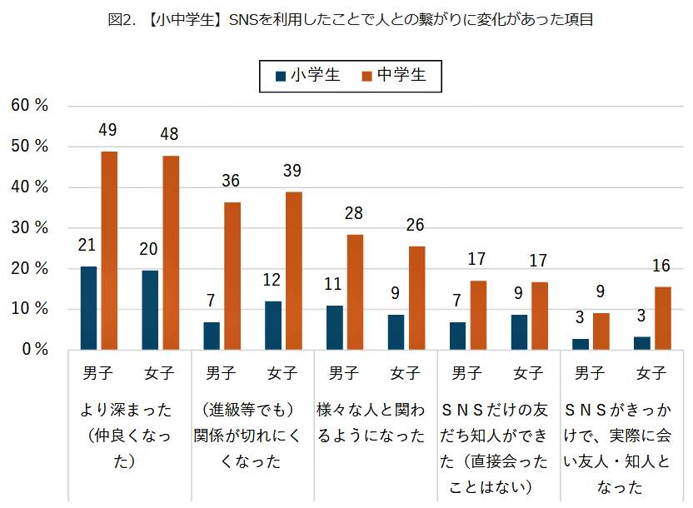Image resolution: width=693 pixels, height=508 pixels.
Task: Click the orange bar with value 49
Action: coord(109,250)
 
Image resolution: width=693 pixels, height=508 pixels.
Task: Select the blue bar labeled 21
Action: coord(88,308)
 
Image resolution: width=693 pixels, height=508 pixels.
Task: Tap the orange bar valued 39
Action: coord(293,271)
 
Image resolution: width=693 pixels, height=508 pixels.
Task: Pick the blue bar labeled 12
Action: coord(272,325)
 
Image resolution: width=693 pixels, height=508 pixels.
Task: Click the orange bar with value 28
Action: coord(355,291)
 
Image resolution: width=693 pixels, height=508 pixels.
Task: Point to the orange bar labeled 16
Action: coord(662,317)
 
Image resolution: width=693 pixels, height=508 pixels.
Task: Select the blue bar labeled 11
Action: coord(334,327)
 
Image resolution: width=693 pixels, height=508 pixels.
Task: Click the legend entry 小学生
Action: coord(308,76)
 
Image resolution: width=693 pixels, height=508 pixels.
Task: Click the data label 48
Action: coord(170,134)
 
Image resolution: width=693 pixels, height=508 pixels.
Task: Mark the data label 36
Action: coord(232,181)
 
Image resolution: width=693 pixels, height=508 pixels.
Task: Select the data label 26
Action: coord(416,225)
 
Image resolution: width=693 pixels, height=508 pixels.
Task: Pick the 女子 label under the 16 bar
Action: coord(652,373)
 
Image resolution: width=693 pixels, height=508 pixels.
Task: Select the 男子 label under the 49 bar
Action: coord(97,373)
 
